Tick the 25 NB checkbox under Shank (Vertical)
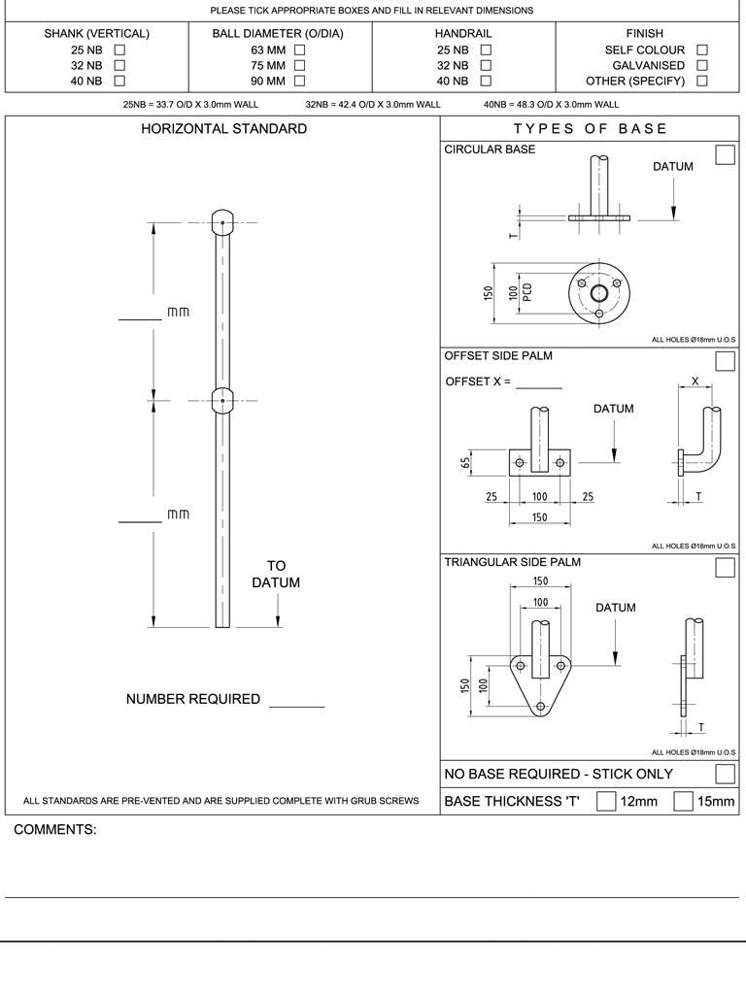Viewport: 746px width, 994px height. [120, 50]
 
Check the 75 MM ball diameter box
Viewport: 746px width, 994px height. [299, 65]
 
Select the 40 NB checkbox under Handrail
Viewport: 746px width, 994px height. [486, 81]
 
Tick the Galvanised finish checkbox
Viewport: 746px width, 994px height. [702, 65]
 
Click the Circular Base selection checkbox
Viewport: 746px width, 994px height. [725, 155]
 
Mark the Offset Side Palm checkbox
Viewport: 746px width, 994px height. [725, 361]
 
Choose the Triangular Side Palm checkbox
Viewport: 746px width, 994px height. [725, 568]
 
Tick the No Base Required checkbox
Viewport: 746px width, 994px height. [725, 774]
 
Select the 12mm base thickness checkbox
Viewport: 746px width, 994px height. [605, 801]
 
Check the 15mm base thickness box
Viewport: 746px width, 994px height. [683, 801]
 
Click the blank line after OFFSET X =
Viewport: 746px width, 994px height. [539, 384]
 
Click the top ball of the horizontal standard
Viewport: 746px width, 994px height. [222, 222]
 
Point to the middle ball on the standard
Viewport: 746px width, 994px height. [222, 400]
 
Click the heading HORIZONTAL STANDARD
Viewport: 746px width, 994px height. [223, 129]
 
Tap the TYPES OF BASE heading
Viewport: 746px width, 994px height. [591, 129]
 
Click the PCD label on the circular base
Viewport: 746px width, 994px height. [527, 292]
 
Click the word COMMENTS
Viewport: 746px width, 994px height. [55, 830]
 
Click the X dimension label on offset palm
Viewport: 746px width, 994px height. [695, 381]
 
